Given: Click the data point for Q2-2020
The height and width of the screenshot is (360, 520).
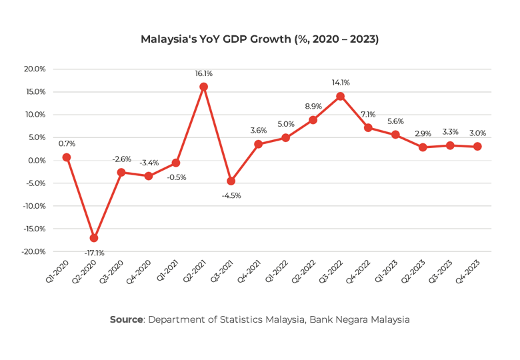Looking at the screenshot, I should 94,238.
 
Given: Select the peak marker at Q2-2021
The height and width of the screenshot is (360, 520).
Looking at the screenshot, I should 203,87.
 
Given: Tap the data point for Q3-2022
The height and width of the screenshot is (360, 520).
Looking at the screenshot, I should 340,96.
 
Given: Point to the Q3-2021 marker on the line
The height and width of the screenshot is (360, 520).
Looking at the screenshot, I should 231,181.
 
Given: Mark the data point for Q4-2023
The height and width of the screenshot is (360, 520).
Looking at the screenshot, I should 477,147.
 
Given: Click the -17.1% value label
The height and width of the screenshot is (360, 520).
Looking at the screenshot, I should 94,253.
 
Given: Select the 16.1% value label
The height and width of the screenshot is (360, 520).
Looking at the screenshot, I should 203,73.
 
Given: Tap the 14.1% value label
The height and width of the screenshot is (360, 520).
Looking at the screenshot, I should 341,83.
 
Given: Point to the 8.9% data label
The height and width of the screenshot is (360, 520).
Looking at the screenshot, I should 313,106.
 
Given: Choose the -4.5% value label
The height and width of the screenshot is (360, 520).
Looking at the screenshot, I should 231,195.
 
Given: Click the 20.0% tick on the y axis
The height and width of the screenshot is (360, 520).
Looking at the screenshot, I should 35,69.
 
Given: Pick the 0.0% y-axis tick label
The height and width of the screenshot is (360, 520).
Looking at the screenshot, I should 37,160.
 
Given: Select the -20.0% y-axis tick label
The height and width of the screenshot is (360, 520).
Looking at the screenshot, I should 33,251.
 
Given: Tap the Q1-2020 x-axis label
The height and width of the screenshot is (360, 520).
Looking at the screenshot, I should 59,270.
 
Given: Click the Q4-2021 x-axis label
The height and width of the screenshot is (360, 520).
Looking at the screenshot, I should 251,270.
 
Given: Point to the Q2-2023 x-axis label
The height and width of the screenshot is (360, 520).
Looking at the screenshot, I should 415,270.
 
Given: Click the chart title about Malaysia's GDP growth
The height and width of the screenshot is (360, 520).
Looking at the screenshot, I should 259,39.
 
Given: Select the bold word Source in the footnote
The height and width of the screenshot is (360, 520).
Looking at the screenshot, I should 126,320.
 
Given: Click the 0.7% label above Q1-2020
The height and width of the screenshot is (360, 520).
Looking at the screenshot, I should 67,143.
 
